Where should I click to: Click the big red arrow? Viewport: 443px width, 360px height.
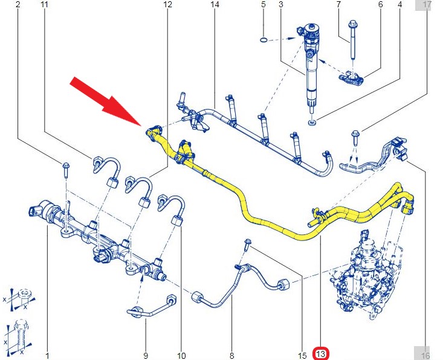(106, 101)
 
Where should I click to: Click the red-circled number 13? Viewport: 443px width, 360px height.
(321, 354)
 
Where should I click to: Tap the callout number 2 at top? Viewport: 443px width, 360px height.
(18, 4)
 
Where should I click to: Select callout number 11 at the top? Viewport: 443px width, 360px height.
(44, 4)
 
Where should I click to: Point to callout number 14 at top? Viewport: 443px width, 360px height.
(215, 4)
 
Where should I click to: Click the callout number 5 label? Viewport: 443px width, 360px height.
(264, 4)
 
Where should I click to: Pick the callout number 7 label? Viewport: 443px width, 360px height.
(338, 4)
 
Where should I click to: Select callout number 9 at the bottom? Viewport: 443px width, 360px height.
(146, 356)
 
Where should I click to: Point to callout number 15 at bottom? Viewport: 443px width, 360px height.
(302, 356)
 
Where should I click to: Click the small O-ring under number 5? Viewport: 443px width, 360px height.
(264, 40)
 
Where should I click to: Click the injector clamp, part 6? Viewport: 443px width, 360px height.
(352, 78)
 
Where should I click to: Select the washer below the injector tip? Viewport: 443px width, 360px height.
(312, 123)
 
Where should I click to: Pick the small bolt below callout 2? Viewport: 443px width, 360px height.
(66, 170)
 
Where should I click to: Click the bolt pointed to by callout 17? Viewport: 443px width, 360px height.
(355, 138)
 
